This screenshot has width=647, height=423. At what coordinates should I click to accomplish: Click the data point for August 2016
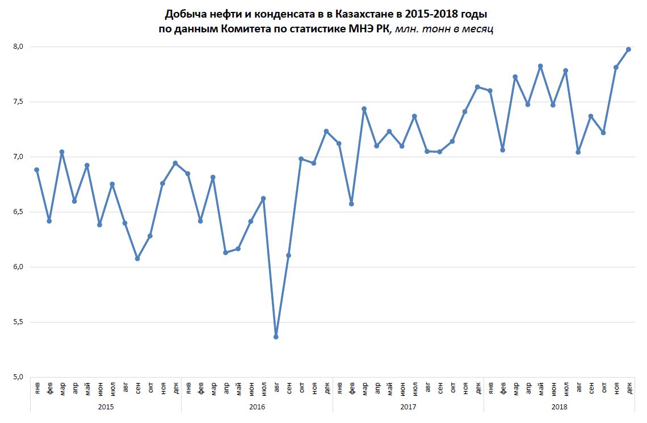click(276, 337)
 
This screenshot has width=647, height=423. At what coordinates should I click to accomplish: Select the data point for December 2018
click(628, 49)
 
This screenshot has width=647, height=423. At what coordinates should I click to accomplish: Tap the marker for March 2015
click(62, 152)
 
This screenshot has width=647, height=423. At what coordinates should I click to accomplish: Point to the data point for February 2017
click(351, 203)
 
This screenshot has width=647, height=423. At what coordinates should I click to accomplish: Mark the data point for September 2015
click(137, 258)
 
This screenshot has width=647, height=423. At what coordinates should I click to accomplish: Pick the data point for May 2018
click(540, 66)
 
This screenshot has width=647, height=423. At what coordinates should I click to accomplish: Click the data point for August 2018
click(578, 152)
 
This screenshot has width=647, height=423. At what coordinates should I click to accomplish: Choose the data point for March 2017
click(364, 109)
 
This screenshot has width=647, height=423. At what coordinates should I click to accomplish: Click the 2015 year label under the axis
click(106, 407)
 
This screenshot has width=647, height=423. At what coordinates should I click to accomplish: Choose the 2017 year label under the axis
click(408, 407)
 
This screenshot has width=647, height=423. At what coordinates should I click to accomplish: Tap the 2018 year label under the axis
click(559, 407)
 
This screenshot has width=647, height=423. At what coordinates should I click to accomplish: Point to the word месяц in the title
click(477, 29)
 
